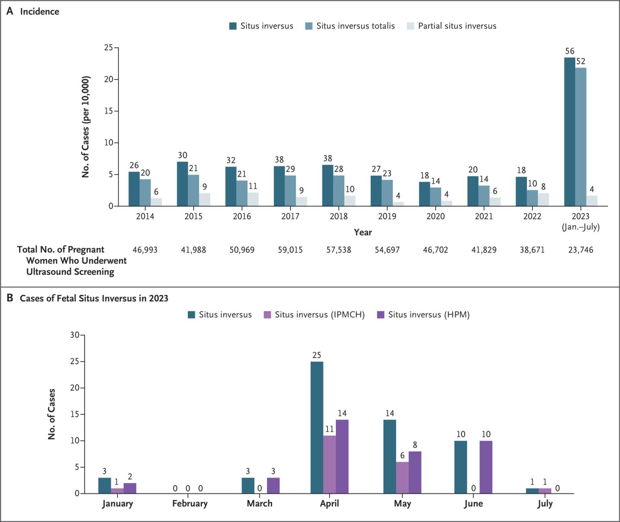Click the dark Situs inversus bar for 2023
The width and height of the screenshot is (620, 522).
coord(570,132)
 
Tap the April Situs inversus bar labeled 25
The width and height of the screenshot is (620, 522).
coord(317,427)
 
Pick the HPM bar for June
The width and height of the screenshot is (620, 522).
coord(486,467)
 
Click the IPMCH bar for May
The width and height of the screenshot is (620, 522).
coord(403,478)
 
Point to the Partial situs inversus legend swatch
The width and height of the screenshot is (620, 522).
coord(410,26)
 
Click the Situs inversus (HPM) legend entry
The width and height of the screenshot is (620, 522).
coord(423,315)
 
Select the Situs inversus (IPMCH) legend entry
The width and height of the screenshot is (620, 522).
coord(314,315)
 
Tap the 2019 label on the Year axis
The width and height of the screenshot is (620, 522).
coord(387,216)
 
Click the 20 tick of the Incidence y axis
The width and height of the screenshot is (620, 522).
coord(108,79)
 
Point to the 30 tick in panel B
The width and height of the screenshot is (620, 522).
coord(75,335)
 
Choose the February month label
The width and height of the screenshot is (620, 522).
coord(190,503)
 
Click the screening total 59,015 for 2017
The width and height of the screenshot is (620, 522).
coord(290,250)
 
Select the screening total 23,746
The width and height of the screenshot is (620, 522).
coord(580,250)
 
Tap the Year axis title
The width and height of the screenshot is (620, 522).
coord(363,232)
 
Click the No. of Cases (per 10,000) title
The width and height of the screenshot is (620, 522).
coord(86,127)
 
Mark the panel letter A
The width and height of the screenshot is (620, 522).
coord(10,11)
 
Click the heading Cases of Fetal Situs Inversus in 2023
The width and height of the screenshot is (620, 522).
coord(94,298)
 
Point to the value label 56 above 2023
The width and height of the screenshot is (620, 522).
coord(570,51)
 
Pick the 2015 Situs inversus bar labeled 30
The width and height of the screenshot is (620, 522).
coord(183,184)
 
